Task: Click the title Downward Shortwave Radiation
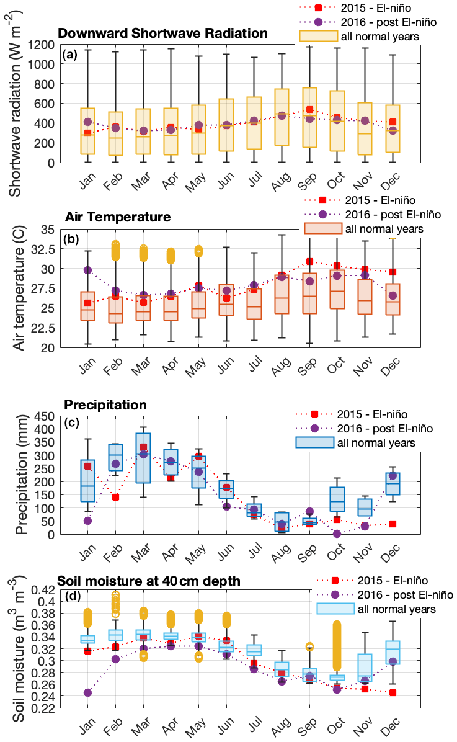coord(162,33)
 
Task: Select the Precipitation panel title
coord(105,405)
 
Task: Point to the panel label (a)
coord(70,54)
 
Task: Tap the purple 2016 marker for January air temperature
coord(87,270)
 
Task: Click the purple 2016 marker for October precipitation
coord(337,534)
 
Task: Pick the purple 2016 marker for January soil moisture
coord(87,692)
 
